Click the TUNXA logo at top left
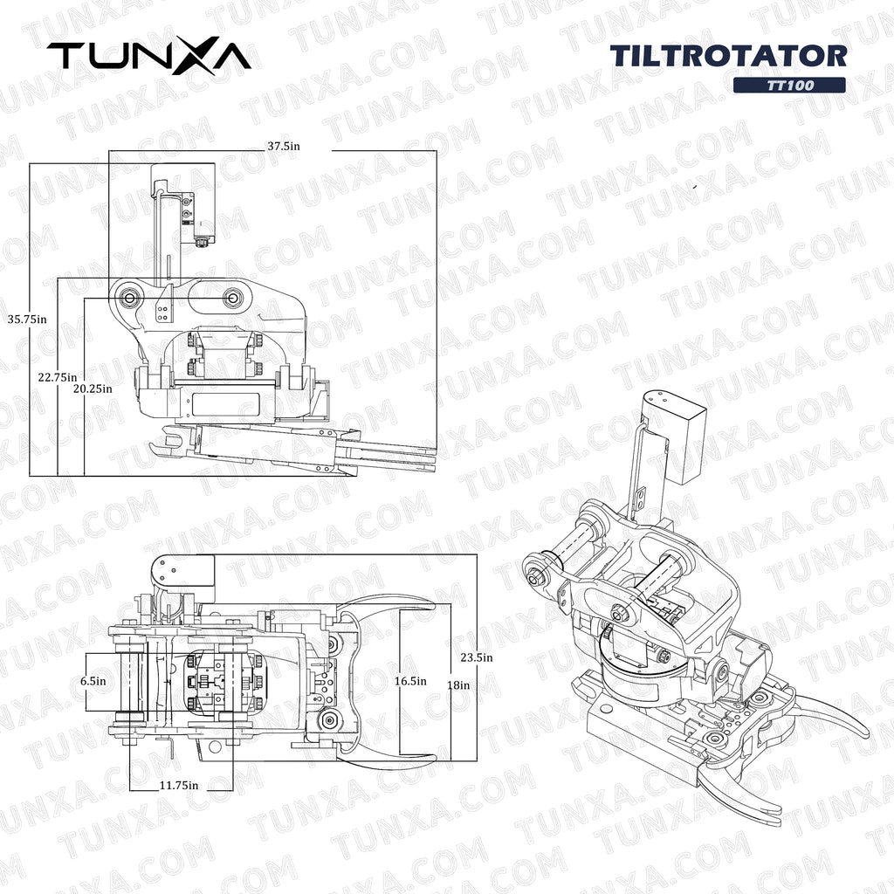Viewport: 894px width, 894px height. (148, 56)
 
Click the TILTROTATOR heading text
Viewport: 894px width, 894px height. (728, 56)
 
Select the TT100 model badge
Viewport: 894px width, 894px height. (788, 86)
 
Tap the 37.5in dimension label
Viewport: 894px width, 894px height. (283, 147)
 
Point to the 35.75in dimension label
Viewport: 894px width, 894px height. (25, 319)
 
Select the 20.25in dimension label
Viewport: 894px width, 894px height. (93, 389)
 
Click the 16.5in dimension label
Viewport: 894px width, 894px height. (410, 680)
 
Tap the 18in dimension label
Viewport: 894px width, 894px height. (458, 685)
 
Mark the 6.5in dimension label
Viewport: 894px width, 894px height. (93, 680)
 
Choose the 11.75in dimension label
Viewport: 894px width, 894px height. (179, 785)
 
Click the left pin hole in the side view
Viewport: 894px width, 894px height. (129, 298)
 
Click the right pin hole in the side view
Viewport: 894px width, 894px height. (232, 298)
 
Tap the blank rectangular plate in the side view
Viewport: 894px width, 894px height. (226, 403)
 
